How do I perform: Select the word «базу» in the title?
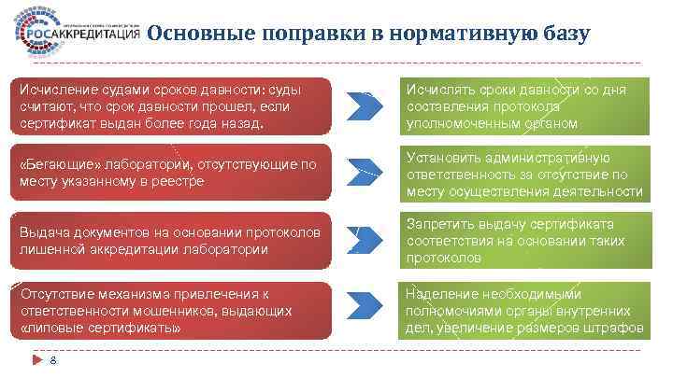565,35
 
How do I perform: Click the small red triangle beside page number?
36,359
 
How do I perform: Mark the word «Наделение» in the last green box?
441,293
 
